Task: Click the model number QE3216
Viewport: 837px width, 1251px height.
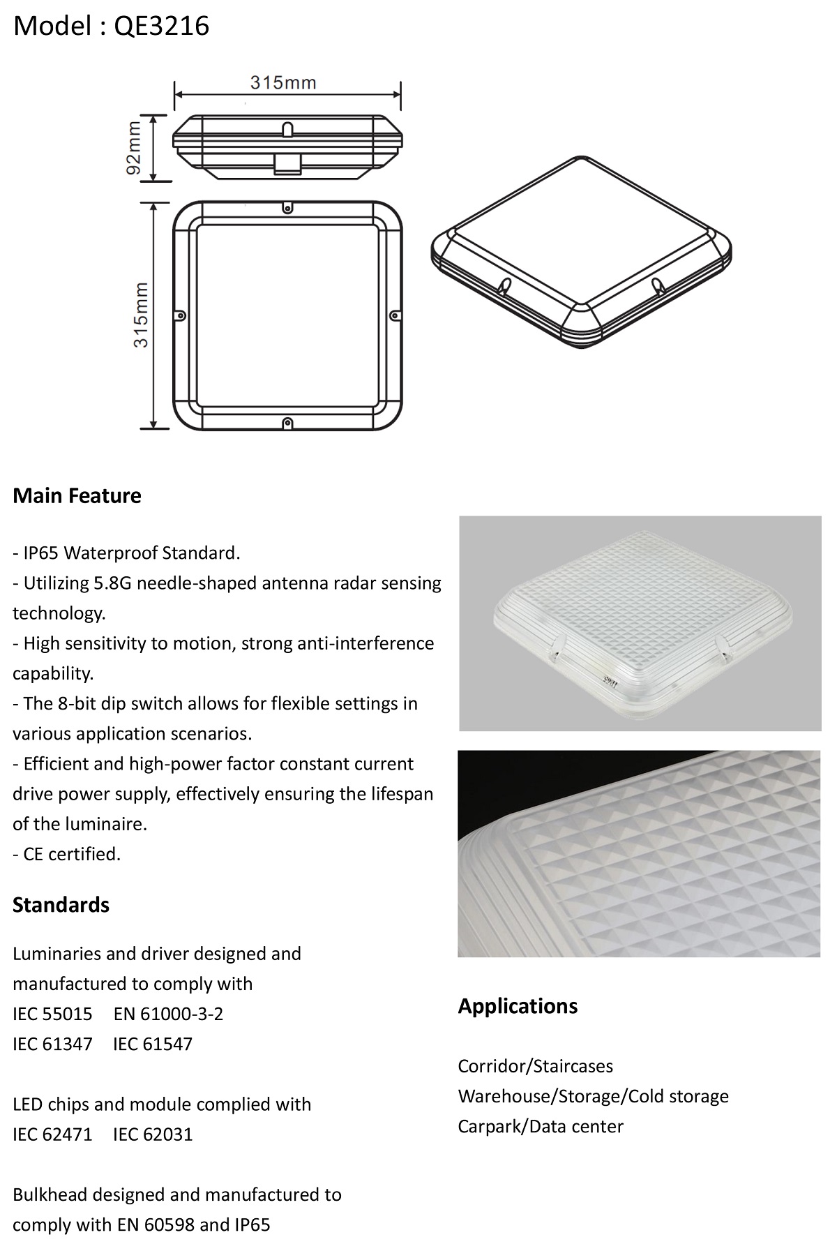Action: [x=162, y=26]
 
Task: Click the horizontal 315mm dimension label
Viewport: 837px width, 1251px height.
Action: [x=283, y=82]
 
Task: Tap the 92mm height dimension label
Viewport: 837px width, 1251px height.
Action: [x=135, y=148]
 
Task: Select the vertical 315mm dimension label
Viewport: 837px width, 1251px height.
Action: [x=141, y=315]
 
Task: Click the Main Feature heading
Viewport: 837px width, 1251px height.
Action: [x=77, y=496]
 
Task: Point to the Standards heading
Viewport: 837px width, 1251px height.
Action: [x=61, y=905]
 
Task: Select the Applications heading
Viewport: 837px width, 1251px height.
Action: [x=518, y=1006]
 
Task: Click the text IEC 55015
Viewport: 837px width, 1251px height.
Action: [x=52, y=1014]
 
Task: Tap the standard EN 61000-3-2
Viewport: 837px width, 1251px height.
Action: [x=168, y=1014]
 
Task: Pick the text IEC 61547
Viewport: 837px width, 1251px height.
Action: [x=152, y=1044]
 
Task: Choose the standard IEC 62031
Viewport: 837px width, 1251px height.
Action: [x=153, y=1134]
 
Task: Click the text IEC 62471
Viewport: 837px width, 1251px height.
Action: [x=52, y=1134]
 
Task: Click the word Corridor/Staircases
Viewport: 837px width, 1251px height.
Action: [x=536, y=1066]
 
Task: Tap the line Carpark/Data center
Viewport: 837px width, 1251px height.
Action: [x=541, y=1126]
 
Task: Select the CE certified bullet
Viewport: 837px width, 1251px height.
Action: [x=67, y=854]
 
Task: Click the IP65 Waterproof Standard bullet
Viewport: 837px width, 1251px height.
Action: [x=126, y=553]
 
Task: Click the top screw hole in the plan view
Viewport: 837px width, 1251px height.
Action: [x=287, y=208]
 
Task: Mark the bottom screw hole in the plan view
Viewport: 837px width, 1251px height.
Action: [x=287, y=422]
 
